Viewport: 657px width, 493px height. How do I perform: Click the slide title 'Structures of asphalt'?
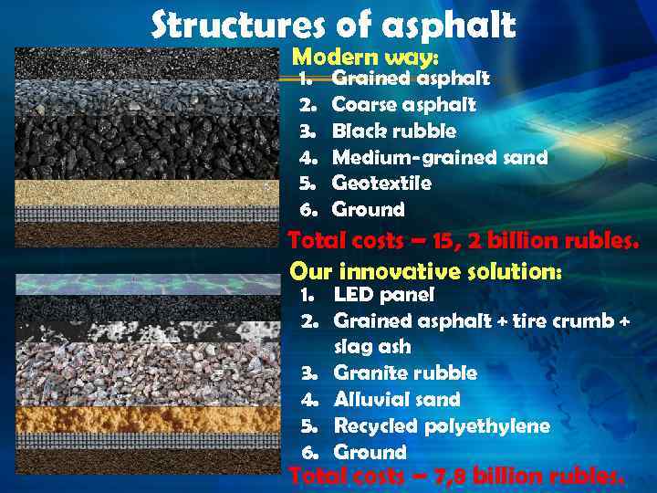333,25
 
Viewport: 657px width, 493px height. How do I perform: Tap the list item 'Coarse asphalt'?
403,104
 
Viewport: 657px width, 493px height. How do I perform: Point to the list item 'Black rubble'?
393,131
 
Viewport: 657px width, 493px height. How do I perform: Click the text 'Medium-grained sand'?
439,157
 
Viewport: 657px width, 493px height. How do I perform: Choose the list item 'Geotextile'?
381,183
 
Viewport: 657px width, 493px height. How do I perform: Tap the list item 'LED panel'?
383,294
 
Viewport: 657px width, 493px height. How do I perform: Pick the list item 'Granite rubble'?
405,372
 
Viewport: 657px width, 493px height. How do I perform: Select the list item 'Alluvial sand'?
397,399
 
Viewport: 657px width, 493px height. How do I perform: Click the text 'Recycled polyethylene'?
442,425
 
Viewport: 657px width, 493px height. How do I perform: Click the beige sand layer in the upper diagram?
146,192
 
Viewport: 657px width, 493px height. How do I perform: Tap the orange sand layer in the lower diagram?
146,418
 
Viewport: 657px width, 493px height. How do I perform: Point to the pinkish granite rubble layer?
146,374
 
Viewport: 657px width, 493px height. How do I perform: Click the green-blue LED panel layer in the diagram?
146,284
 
